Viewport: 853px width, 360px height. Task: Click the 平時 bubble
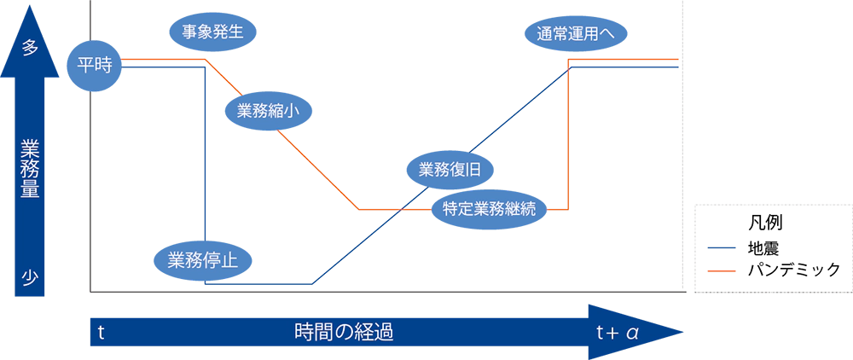(95, 66)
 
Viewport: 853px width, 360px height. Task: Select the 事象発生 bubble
(213, 33)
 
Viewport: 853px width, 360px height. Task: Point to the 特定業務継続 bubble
(489, 208)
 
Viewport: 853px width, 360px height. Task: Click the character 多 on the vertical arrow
(30, 49)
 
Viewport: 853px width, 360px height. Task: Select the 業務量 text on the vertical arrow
(30, 166)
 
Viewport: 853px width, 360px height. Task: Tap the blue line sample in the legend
(721, 249)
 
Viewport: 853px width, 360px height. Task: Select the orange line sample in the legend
(721, 270)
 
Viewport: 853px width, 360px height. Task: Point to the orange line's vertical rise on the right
(569, 136)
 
